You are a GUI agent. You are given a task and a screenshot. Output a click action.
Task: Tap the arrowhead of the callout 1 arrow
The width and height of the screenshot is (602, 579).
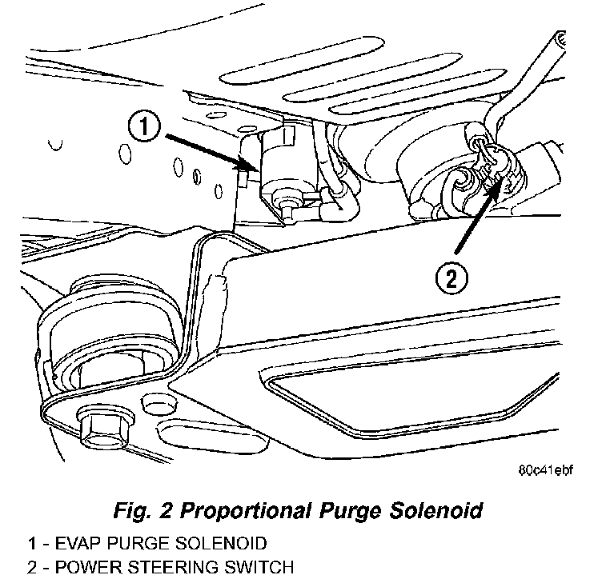click(x=255, y=168)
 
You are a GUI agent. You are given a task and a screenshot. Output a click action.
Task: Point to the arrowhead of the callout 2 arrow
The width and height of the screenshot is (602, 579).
click(x=503, y=182)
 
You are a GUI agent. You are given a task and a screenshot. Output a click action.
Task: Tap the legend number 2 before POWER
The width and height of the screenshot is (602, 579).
click(x=31, y=569)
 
